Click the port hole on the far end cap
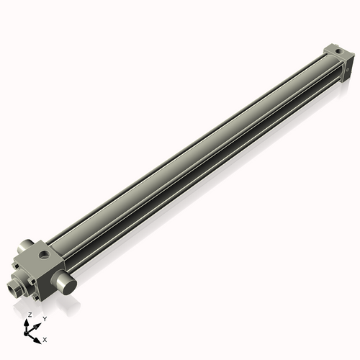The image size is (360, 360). [335, 51]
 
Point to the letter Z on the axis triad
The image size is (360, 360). [30, 315]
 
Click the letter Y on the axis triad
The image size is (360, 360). [45, 318]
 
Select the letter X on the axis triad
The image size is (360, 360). [45, 338]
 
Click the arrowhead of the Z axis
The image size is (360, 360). [29, 322]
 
